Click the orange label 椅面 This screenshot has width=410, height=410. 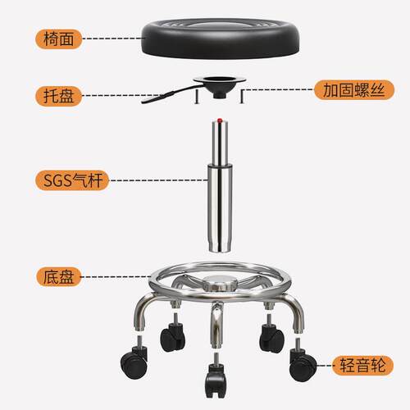coord(58,39)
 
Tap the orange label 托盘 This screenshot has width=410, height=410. coord(58,96)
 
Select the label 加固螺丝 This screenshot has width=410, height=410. coord(354,90)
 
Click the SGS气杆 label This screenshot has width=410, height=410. coord(72,180)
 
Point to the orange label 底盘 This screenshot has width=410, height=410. coord(58,277)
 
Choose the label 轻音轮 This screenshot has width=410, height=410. coord(362,365)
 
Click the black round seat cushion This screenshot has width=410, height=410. coord(221,39)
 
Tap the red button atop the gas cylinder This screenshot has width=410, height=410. coord(220,120)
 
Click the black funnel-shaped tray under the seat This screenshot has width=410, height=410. coord(220,87)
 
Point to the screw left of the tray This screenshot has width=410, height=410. coord(196,97)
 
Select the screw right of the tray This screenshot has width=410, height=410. coord(242,97)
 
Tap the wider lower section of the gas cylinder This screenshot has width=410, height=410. coord(220,207)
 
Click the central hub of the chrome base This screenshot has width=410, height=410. coord(219,283)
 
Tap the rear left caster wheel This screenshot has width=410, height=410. coord(172,337)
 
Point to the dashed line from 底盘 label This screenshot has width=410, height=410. coord(115,277)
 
